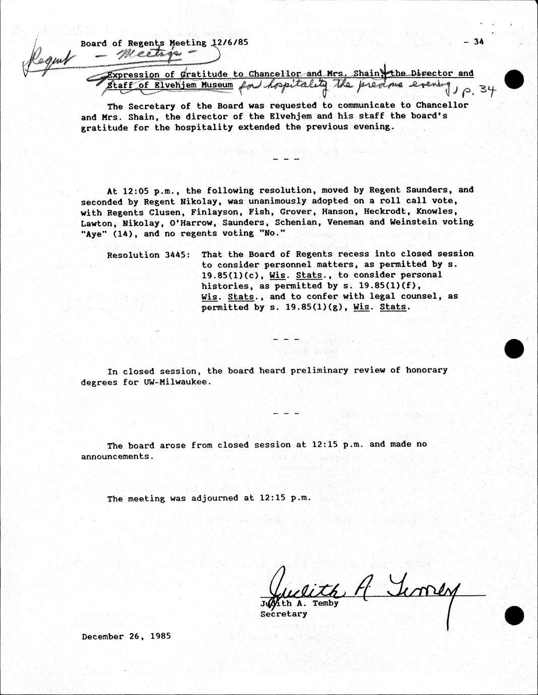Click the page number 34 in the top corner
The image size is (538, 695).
pos(478,42)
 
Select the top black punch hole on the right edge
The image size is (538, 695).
pos(514,80)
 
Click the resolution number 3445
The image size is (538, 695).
pos(177,255)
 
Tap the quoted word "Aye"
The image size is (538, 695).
pos(91,233)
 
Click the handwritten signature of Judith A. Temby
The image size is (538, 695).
pos(363,588)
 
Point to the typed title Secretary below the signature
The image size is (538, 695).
pos(283,614)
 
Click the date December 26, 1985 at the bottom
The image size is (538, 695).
pos(127,636)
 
